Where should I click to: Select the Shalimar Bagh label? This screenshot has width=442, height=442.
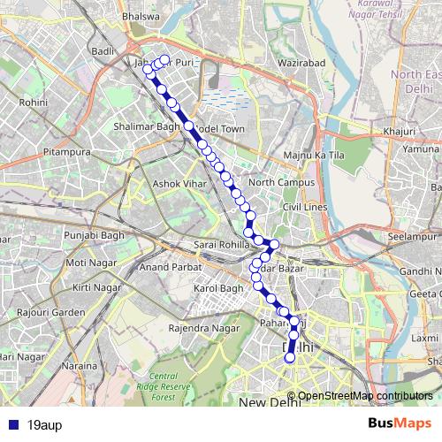pos(147,127)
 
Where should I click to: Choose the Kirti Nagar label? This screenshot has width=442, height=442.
pos(95,288)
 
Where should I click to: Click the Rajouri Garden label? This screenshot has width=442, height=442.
pos(55,312)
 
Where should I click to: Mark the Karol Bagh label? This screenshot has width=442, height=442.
pos(217,289)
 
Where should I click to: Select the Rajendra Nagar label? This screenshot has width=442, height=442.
pos(204,328)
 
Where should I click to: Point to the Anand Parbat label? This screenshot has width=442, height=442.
pos(165,266)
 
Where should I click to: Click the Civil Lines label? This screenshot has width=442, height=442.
pos(304,206)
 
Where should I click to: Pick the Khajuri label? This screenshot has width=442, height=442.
pos(400,132)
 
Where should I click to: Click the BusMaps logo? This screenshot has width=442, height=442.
pos(400,423)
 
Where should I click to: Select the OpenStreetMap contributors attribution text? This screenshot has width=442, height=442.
pos(365,396)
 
